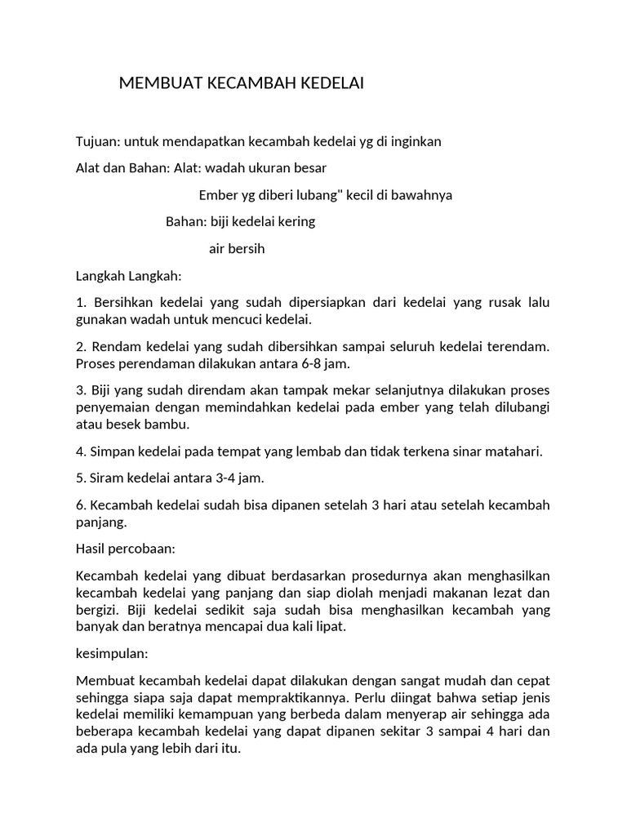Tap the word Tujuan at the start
pyautogui.click(x=97, y=141)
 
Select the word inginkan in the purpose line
pyautogui.click(x=413, y=141)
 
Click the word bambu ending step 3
pyautogui.click(x=171, y=424)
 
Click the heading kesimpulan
pyautogui.click(x=110, y=655)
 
